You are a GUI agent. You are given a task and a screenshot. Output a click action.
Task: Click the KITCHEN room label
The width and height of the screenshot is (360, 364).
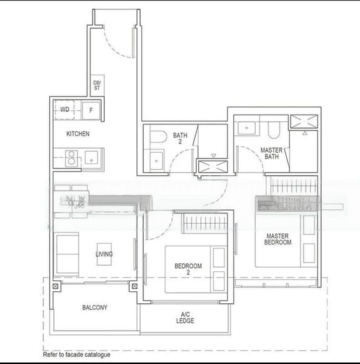tap(78, 133)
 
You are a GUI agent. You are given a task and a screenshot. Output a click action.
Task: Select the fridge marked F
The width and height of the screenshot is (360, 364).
tap(91, 110)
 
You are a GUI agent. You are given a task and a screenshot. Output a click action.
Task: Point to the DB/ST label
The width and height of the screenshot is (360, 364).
tap(96, 86)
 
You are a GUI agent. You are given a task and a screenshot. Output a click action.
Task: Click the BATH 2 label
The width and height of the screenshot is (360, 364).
tap(180, 138)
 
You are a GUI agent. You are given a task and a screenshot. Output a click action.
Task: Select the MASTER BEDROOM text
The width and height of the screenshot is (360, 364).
tap(278, 239)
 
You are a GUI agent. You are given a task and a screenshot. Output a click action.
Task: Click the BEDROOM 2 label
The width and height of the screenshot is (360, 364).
tap(188, 269)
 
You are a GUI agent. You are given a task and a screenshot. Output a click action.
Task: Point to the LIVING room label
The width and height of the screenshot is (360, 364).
tap(104, 254)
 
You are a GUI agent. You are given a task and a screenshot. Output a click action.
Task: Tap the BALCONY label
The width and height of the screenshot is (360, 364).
tap(95, 308)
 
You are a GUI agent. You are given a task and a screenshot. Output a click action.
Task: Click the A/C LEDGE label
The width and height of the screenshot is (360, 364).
tap(187, 318)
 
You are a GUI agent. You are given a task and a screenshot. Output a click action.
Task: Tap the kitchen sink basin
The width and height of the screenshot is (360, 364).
tap(91, 158)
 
